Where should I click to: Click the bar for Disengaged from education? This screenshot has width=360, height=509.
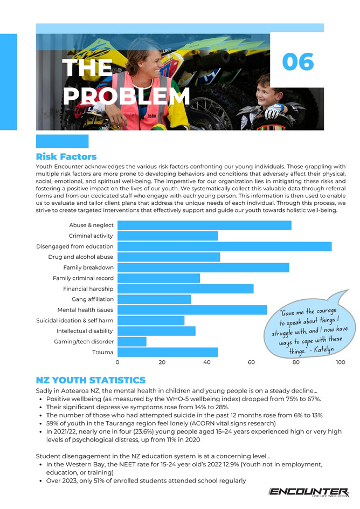pos(224,246)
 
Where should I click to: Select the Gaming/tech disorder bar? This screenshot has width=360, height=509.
pos(132,341)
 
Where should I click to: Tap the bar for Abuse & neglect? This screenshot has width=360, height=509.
pos(204,225)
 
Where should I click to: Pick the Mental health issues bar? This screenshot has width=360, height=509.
pos(192,310)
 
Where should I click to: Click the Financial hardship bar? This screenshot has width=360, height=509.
pos(185,289)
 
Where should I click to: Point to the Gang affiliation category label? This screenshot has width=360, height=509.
pos(93,299)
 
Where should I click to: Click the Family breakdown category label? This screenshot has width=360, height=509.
pos(88,267)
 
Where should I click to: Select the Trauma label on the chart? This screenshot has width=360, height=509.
pos(103,352)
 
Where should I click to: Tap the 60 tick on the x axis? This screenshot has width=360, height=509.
pos(251,363)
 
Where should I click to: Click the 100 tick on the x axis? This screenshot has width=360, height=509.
pos(340,363)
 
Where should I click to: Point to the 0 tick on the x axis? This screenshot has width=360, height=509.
pos(117,363)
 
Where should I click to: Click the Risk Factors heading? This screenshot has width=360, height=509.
pos(66,157)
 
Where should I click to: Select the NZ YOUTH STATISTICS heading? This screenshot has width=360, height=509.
pos(91,380)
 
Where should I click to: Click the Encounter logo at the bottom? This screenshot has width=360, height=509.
pos(308,492)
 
